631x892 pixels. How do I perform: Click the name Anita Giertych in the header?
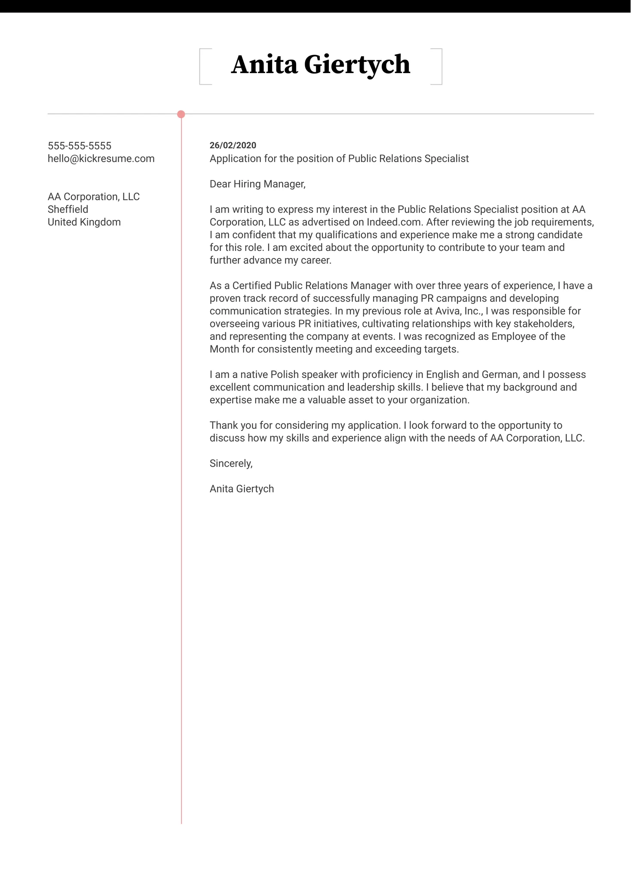click(320, 65)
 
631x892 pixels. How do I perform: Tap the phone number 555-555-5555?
click(80, 146)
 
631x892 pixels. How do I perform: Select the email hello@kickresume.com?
click(101, 159)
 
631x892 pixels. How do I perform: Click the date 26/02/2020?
click(233, 145)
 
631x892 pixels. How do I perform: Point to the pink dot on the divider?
click(181, 114)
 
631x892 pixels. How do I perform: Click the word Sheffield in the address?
click(68, 209)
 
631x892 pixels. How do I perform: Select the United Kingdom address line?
click(84, 222)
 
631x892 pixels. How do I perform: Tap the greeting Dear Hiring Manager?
click(257, 184)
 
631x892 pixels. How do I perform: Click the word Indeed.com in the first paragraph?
click(393, 222)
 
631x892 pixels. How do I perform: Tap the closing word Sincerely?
click(231, 463)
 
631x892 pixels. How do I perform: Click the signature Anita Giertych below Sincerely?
click(242, 489)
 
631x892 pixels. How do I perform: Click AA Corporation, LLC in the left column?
click(94, 197)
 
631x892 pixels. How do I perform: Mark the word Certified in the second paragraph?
click(252, 285)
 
